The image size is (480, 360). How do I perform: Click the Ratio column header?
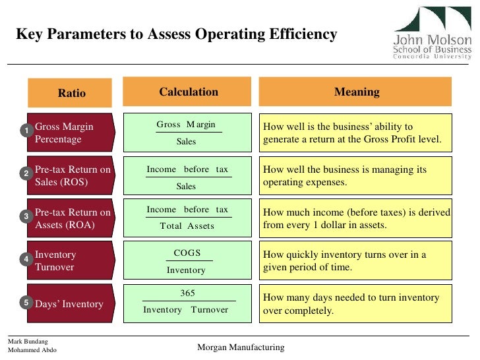tap(71, 93)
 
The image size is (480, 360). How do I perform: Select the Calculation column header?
tap(188, 92)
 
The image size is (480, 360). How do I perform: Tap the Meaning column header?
tap(356, 92)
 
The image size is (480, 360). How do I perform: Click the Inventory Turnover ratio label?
tap(55, 261)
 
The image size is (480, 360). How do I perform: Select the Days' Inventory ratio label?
tap(69, 304)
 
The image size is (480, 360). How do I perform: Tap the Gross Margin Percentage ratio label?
tap(63, 133)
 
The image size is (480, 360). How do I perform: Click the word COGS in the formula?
tap(187, 253)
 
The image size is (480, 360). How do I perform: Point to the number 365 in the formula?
tap(187, 293)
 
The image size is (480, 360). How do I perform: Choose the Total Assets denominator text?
tap(187, 226)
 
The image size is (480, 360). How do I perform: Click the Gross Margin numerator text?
tap(186, 125)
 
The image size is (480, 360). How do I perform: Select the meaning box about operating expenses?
tap(356, 175)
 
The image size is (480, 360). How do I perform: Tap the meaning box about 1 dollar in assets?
tap(356, 218)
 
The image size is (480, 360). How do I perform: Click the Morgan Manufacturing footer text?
tap(241, 347)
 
